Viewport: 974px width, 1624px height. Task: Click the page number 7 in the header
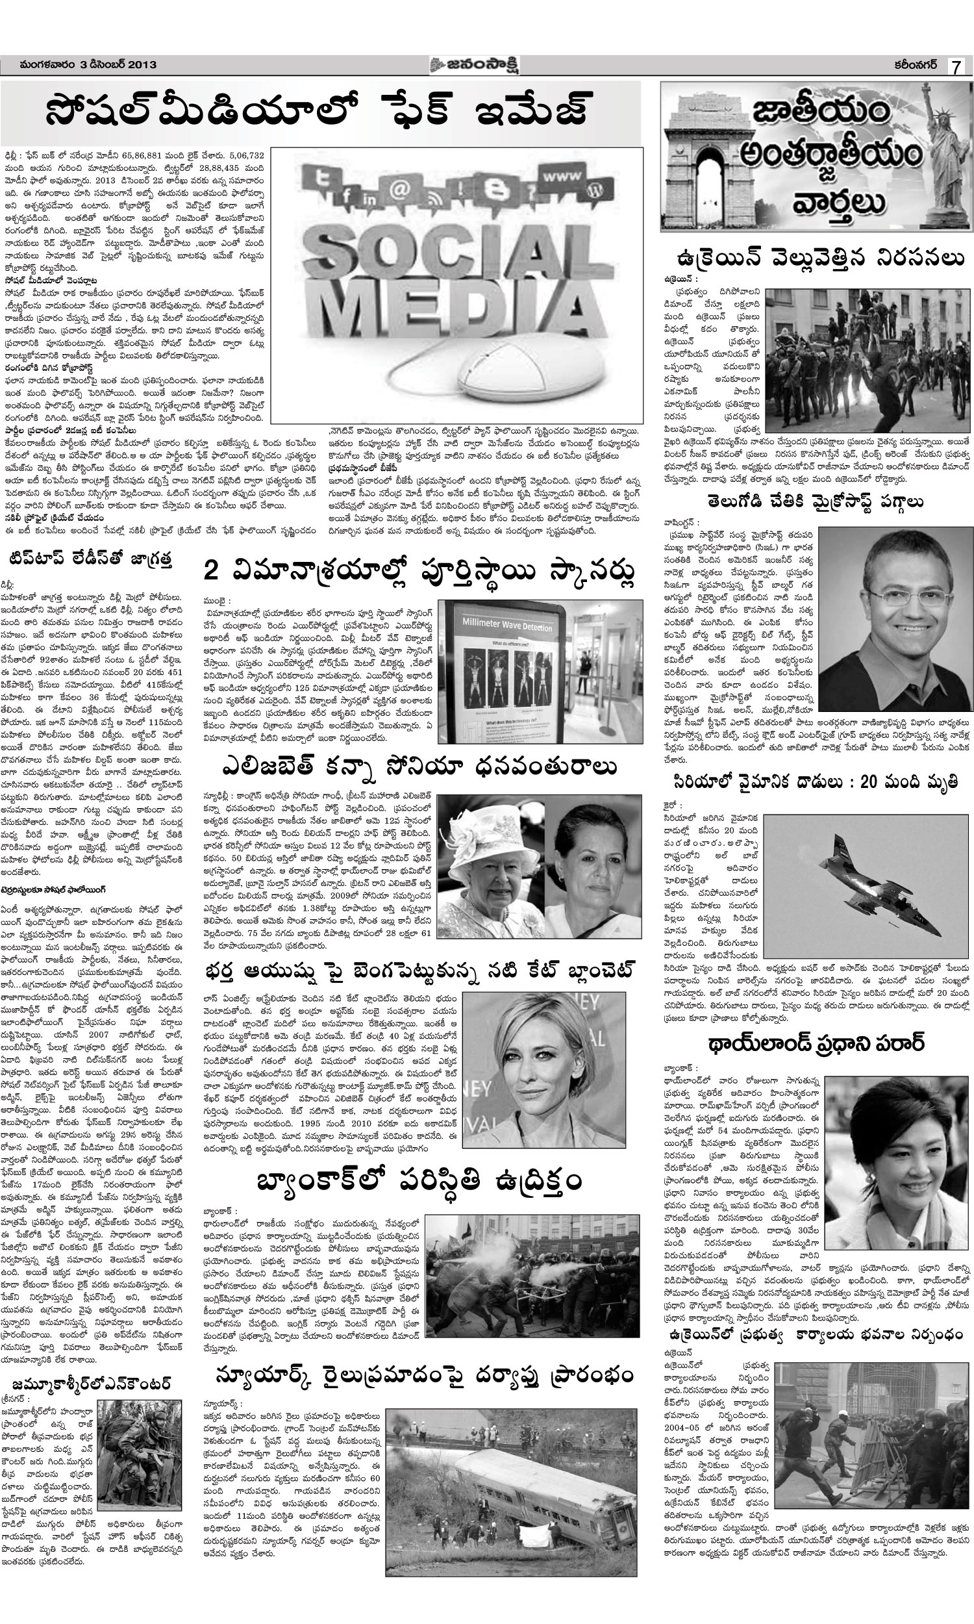(x=956, y=67)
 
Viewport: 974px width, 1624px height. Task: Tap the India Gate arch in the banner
(x=699, y=158)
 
